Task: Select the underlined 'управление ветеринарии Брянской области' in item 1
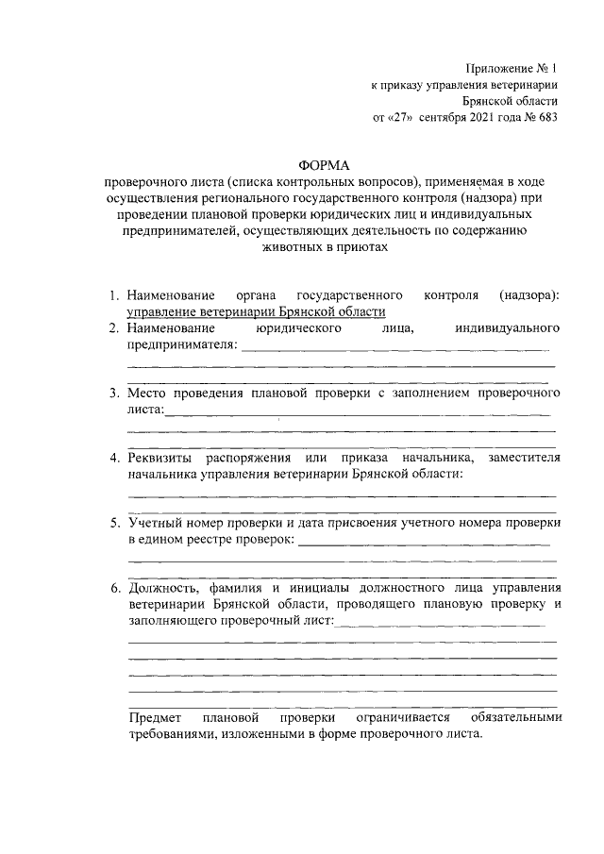(257, 312)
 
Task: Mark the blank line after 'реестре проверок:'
(423, 543)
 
